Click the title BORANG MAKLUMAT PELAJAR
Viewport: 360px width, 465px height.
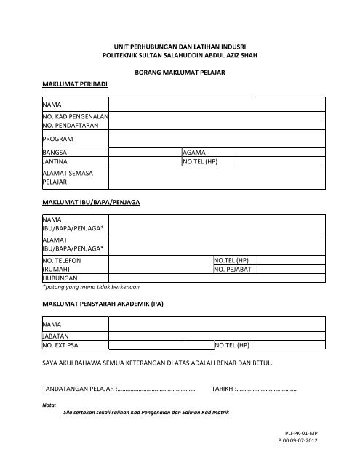point(180,73)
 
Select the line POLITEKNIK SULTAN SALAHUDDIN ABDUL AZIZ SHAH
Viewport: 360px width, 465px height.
point(180,55)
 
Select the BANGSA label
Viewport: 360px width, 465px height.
point(55,153)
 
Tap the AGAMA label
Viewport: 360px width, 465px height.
point(195,153)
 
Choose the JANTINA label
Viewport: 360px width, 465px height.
point(56,162)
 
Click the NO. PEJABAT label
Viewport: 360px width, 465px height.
point(233,270)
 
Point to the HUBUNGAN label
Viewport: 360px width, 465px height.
point(60,278)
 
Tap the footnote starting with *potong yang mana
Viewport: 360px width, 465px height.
point(91,287)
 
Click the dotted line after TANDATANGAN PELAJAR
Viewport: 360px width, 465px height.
point(161,389)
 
